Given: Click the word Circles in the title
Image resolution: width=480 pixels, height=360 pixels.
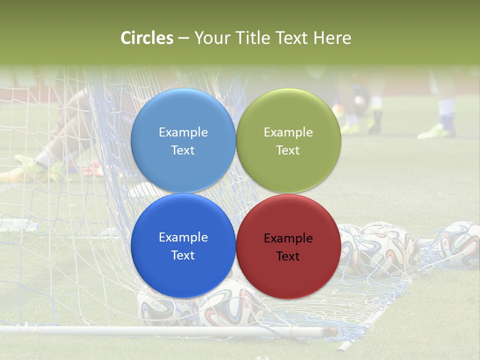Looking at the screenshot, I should point(147,38).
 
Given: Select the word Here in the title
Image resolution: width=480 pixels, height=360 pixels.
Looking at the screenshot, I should point(332,38).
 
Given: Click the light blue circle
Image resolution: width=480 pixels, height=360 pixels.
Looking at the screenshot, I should point(183,115).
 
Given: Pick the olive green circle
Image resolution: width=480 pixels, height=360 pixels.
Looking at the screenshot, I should point(288,115).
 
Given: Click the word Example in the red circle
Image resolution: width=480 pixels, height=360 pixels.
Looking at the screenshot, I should point(288,238).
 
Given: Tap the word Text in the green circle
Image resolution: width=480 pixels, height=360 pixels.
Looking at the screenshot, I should point(288,150).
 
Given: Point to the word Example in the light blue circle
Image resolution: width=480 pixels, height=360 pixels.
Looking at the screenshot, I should point(183,132).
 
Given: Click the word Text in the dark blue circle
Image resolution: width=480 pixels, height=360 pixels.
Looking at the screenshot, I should point(183,255).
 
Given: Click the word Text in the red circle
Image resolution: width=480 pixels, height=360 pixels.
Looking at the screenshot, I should point(288,256).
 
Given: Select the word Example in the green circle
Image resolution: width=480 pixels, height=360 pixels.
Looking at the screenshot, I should point(288,132).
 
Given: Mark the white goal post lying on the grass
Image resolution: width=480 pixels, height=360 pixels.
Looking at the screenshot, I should point(150,330).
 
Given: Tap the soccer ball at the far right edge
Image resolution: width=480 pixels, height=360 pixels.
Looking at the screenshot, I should point(460,245).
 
